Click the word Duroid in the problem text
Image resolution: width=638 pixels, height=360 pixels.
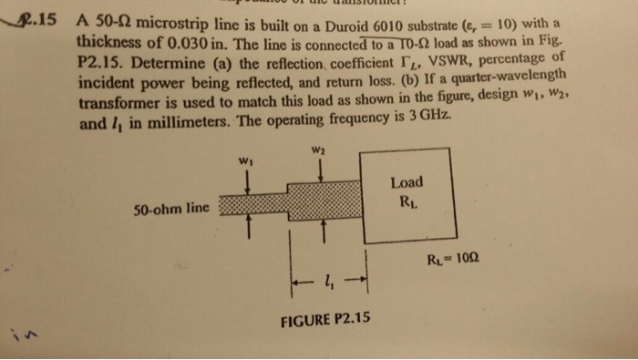307,25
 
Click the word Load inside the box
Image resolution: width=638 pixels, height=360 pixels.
406,182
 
